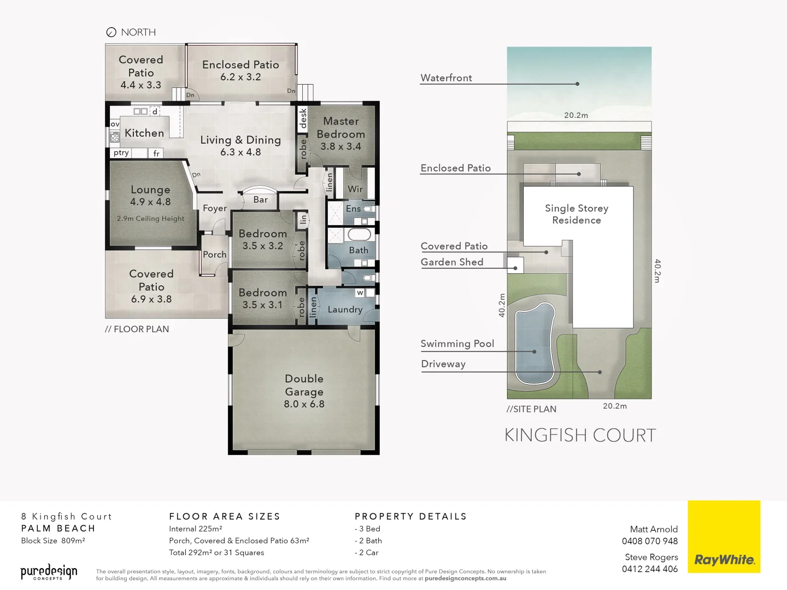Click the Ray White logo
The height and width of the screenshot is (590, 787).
pyautogui.click(x=724, y=560)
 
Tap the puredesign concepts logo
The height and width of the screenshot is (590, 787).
pyautogui.click(x=49, y=572)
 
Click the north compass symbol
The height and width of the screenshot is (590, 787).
pyautogui.click(x=111, y=32)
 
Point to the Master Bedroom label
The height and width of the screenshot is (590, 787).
pyautogui.click(x=340, y=128)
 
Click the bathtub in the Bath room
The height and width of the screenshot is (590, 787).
pyautogui.click(x=359, y=235)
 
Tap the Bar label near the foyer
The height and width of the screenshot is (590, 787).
pyautogui.click(x=261, y=200)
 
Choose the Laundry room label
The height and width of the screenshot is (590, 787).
pyautogui.click(x=345, y=310)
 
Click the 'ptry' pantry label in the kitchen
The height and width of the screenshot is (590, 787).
pyautogui.click(x=121, y=153)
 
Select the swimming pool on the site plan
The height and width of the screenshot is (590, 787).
pyautogui.click(x=535, y=344)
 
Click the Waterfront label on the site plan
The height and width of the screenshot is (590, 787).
pyautogui.click(x=446, y=78)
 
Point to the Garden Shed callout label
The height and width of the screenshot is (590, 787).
pyautogui.click(x=452, y=262)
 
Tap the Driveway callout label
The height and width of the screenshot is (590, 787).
pyautogui.click(x=443, y=364)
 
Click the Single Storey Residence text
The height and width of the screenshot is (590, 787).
pyautogui.click(x=577, y=214)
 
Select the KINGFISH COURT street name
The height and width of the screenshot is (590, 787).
pyautogui.click(x=580, y=435)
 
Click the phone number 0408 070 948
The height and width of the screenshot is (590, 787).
pyautogui.click(x=649, y=541)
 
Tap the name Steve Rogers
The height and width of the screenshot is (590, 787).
pyautogui.click(x=651, y=557)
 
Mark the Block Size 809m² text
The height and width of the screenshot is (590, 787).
pyautogui.click(x=53, y=541)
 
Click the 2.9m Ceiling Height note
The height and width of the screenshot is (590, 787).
pyautogui.click(x=150, y=219)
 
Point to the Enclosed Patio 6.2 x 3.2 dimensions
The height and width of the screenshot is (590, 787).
pyautogui.click(x=240, y=77)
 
